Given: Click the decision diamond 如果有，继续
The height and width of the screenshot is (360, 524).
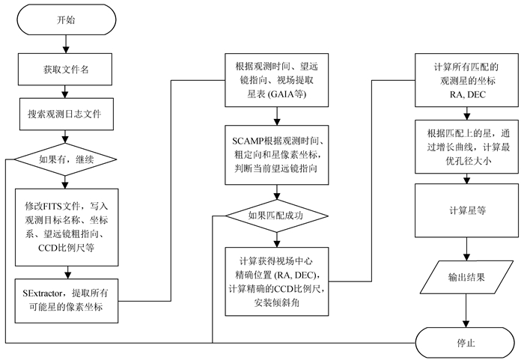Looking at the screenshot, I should pyautogui.click(x=67, y=159).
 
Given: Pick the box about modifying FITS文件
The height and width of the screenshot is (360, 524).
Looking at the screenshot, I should pyautogui.click(x=67, y=225).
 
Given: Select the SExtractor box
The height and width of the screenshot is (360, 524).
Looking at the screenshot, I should pyautogui.click(x=67, y=297).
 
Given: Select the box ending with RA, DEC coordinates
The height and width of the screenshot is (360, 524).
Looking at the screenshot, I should pyautogui.click(x=468, y=79).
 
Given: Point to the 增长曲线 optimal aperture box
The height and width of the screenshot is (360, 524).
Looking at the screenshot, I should pyautogui.click(x=468, y=144).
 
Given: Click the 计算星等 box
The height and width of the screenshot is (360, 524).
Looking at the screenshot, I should pyautogui.click(x=468, y=210).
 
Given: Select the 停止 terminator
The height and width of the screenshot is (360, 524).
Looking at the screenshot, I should pyautogui.click(x=468, y=344).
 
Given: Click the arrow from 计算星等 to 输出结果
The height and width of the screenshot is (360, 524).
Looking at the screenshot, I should pyautogui.click(x=468, y=247).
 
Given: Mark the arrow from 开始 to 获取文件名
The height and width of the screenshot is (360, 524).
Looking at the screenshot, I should pyautogui.click(x=67, y=44).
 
